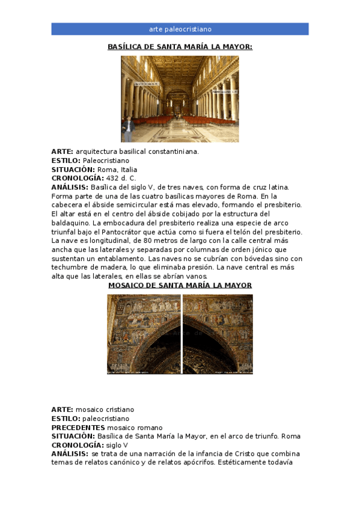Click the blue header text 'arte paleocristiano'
click(x=180, y=29)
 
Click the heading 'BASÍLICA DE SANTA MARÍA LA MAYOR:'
click(x=180, y=46)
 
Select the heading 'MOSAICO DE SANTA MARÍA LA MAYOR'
click(x=180, y=285)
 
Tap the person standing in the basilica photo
click(x=128, y=128)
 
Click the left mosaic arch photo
click(x=144, y=334)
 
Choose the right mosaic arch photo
click(x=218, y=334)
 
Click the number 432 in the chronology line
click(x=112, y=179)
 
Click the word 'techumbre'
click(x=70, y=268)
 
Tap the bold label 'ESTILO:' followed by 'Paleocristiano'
click(x=66, y=161)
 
